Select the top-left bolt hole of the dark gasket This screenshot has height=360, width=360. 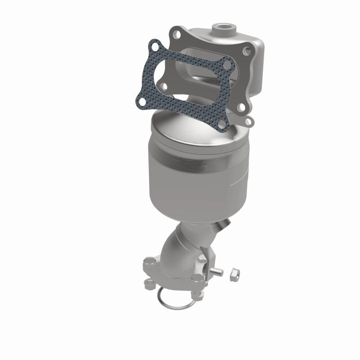pyautogui.click(x=155, y=47)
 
